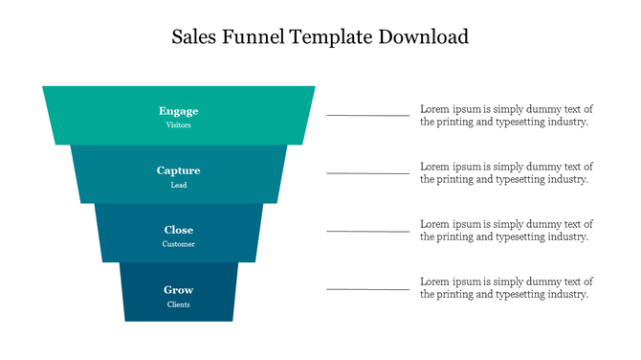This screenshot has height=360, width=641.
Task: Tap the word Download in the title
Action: pos(424,38)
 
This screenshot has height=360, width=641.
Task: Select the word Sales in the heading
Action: pos(195,38)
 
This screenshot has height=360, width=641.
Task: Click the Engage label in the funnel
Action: pos(178,111)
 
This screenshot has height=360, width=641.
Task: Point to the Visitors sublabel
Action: pos(178,125)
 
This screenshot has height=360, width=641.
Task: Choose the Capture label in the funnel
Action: pos(178,170)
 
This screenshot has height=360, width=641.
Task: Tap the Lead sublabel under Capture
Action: pos(178,185)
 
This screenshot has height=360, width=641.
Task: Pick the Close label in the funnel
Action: pos(178,230)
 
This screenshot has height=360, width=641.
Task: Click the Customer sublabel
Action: pos(178,244)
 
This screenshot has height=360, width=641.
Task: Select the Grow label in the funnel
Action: pos(178,289)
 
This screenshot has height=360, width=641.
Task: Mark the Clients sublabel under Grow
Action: pos(178,304)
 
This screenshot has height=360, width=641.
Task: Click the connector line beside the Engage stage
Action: pos(367,115)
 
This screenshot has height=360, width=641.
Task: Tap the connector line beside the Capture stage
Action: pos(367,173)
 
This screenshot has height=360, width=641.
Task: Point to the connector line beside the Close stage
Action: pos(367,231)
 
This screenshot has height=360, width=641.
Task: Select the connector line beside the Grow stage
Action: pos(367,288)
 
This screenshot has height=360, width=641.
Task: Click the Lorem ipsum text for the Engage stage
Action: pos(506,115)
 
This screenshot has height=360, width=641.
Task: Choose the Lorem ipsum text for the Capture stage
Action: pos(506,172)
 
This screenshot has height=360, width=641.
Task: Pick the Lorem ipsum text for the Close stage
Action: pos(506,230)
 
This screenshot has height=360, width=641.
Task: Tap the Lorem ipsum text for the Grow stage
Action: pos(506,287)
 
